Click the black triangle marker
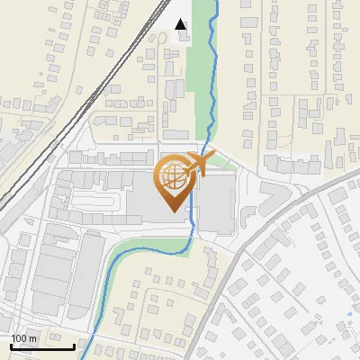(x=181, y=24)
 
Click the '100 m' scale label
(x=23, y=338)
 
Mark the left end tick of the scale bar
(x=12, y=346)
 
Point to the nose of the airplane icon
(x=212, y=157)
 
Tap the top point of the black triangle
(x=181, y=19)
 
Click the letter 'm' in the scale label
(x=32, y=338)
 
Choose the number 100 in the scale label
(x=19, y=338)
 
